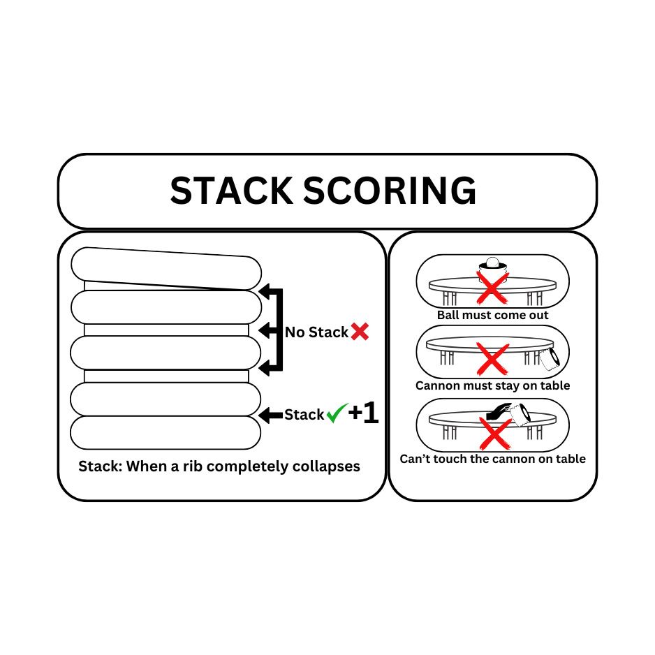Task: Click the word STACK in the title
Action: tap(231, 191)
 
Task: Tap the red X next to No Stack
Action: tap(360, 332)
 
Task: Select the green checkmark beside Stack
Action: tap(337, 413)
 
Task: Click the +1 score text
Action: tap(363, 413)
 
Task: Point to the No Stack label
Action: tap(316, 332)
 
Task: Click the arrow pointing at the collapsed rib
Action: tap(270, 415)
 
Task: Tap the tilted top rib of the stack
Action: tap(166, 268)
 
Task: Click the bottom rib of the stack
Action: tap(165, 433)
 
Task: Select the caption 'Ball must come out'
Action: tap(493, 315)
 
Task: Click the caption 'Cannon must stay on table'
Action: tap(493, 385)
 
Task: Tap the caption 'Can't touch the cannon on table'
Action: tap(493, 459)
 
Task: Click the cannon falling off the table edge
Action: tap(551, 358)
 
